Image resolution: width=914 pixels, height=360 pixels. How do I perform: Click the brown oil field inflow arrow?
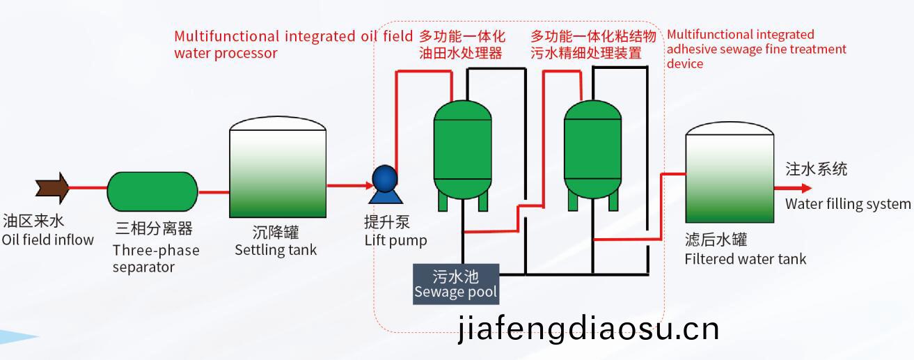coord(52,188)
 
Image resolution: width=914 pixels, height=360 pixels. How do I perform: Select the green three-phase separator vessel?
coord(152,191)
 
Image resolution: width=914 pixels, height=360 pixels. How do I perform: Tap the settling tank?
coord(278,167)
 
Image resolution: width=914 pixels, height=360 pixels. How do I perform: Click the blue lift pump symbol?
coord(385,185)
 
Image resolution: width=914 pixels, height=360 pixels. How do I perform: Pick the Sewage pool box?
coord(456,284)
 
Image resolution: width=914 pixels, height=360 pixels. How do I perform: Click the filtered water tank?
coord(730,172)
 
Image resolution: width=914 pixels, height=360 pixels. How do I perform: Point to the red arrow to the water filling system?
coord(793,188)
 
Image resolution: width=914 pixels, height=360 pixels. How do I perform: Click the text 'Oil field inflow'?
coord(48,240)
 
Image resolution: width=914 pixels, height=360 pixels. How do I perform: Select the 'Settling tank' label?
coord(276,250)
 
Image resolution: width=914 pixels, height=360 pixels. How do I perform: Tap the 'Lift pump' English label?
coord(396,241)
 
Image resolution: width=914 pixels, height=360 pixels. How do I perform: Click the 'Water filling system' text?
coord(848,203)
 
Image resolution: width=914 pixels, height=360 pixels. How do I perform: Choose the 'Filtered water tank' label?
coord(746,259)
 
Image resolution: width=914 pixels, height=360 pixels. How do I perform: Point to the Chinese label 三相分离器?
coord(154,228)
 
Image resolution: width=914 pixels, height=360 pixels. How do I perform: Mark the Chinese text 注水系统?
coord(816,169)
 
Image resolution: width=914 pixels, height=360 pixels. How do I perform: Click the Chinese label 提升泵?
coord(387,222)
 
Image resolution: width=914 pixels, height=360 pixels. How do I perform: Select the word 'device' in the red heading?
coord(685,63)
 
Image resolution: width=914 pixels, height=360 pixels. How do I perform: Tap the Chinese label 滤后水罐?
coord(716,240)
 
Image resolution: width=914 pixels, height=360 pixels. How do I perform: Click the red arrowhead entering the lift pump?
coord(370,186)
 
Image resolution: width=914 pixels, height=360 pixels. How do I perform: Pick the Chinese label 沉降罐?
coord(276,233)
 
